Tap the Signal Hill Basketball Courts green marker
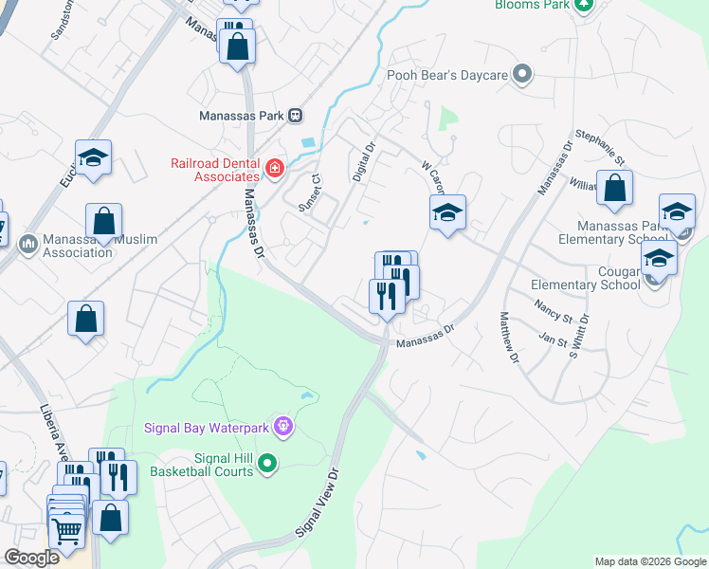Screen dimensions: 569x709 click(268, 464)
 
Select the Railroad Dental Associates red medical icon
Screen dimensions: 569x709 click(275, 170)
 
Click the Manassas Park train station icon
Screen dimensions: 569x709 click(296, 116)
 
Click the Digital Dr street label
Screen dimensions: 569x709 click(365, 162)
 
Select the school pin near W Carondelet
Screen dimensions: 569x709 click(447, 211)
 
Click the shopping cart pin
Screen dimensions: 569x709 click(67, 531)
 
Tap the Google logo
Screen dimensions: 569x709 click(31, 558)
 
